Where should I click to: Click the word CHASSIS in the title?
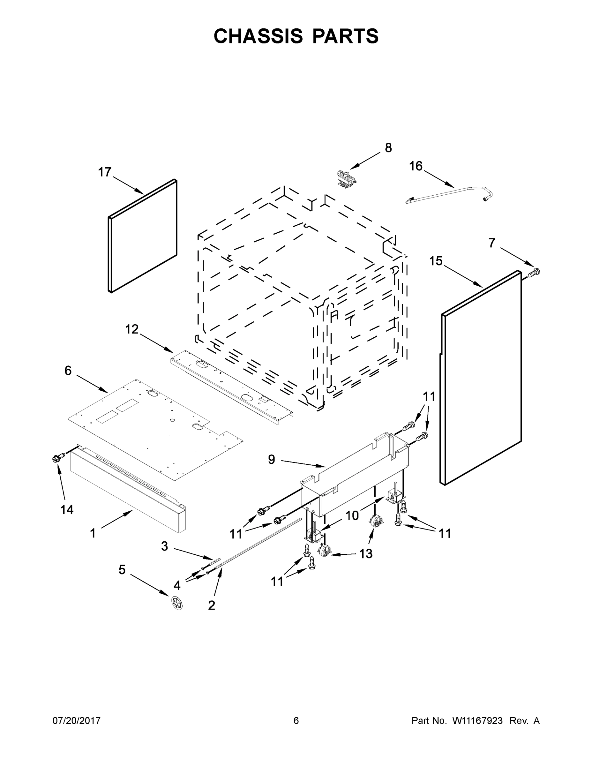pyautogui.click(x=258, y=36)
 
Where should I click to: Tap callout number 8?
pyautogui.click(x=388, y=148)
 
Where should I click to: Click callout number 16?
pyautogui.click(x=416, y=166)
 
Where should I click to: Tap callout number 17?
pyautogui.click(x=104, y=172)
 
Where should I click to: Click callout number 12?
pyautogui.click(x=132, y=329)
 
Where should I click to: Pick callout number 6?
pyautogui.click(x=68, y=370)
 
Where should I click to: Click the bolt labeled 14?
pyautogui.click(x=58, y=457)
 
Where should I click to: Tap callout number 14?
pyautogui.click(x=67, y=510)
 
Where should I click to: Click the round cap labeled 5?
pyautogui.click(x=177, y=603)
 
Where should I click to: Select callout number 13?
pyautogui.click(x=365, y=554)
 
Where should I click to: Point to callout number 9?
pyautogui.click(x=272, y=460)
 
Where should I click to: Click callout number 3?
pyautogui.click(x=164, y=546)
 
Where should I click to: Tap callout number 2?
pyautogui.click(x=212, y=605)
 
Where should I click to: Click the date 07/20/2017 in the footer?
pyautogui.click(x=77, y=720)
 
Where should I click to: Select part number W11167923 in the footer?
pyautogui.click(x=477, y=720)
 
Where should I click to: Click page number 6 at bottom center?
pyautogui.click(x=296, y=720)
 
